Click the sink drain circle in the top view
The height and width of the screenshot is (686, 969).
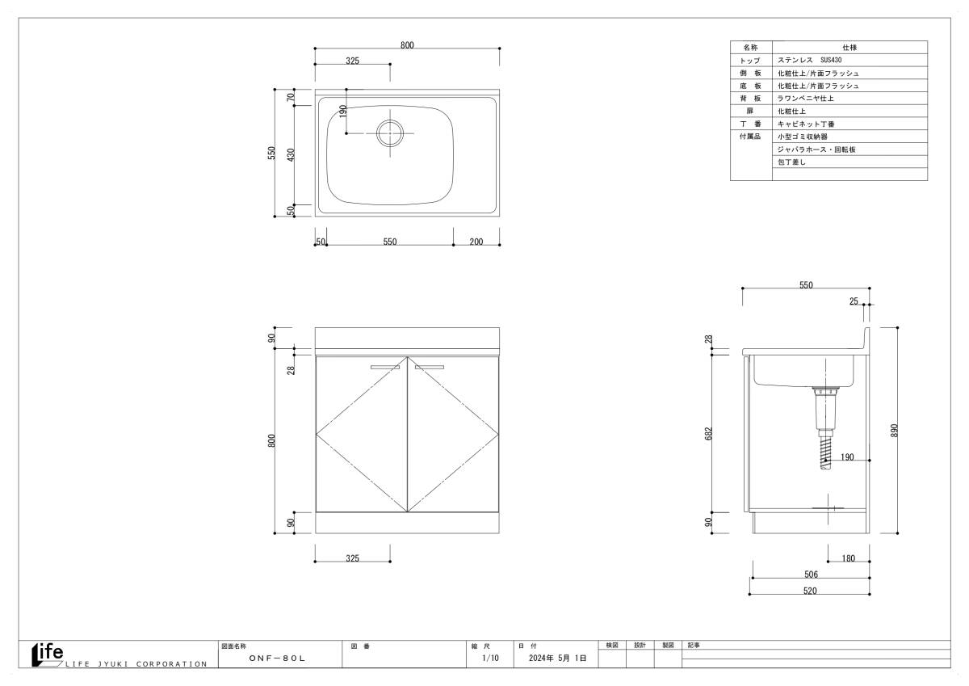pyautogui.click(x=390, y=120)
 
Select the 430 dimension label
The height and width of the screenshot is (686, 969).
pyautogui.click(x=291, y=155)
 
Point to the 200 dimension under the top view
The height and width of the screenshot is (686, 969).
pyautogui.click(x=476, y=242)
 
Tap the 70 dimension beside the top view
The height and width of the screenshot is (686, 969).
pyautogui.click(x=291, y=97)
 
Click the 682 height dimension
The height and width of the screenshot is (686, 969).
pyautogui.click(x=708, y=433)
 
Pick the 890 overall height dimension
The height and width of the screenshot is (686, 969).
pyautogui.click(x=894, y=430)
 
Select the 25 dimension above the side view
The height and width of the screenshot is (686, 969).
pyautogui.click(x=854, y=301)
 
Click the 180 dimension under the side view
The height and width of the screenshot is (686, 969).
pyautogui.click(x=849, y=558)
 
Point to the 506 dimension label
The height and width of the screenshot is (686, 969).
pyautogui.click(x=811, y=574)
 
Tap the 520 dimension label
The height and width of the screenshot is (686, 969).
pyautogui.click(x=810, y=591)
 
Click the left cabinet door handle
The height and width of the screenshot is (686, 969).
pyautogui.click(x=385, y=367)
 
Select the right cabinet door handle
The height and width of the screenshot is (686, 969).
pyautogui.click(x=430, y=367)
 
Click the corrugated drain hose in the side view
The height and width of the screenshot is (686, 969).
pyautogui.click(x=825, y=452)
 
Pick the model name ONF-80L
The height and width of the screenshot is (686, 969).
pyautogui.click(x=277, y=658)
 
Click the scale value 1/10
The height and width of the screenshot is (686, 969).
pyautogui.click(x=491, y=658)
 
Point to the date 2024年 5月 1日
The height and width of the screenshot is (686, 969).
pyautogui.click(x=558, y=658)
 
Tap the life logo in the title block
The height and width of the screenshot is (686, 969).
pyautogui.click(x=48, y=654)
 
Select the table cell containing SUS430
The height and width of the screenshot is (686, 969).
pyautogui.click(x=849, y=60)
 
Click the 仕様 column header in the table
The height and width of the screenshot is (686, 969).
pyautogui.click(x=849, y=47)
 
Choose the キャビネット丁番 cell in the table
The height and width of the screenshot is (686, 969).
pyautogui.click(x=849, y=124)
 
